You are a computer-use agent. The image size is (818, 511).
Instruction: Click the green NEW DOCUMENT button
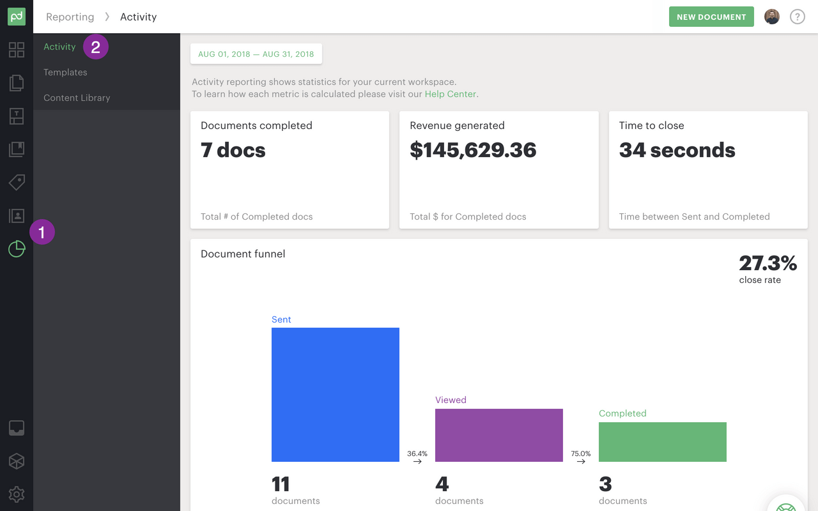[711, 17]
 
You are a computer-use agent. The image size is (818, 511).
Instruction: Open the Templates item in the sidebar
[65, 72]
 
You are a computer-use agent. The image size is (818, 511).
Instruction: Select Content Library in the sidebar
[77, 98]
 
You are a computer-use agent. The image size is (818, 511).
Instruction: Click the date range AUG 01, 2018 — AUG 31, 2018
[256, 54]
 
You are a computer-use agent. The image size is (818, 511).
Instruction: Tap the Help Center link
[451, 94]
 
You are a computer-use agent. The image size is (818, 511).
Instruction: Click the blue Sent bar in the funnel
[336, 394]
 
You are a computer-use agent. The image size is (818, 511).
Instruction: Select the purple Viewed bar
[499, 435]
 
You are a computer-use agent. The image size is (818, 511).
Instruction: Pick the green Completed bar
[663, 441]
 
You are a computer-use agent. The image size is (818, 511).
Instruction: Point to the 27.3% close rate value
[768, 263]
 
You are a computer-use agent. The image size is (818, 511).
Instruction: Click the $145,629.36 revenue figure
[473, 150]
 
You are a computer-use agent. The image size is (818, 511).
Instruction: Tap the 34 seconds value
[677, 150]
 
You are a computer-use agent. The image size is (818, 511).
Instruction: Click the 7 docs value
[233, 150]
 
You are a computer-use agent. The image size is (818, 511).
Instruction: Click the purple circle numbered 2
[96, 47]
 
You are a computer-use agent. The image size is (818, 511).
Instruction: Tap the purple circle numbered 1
[42, 232]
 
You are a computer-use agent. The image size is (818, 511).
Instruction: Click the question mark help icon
[797, 17]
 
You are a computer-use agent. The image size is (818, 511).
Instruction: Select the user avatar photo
[772, 17]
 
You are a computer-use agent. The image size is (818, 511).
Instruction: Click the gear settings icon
[17, 494]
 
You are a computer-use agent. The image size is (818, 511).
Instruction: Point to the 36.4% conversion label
[417, 454]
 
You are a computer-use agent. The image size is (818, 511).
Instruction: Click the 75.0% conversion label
[581, 454]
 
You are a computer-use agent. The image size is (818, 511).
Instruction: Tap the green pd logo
[17, 17]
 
